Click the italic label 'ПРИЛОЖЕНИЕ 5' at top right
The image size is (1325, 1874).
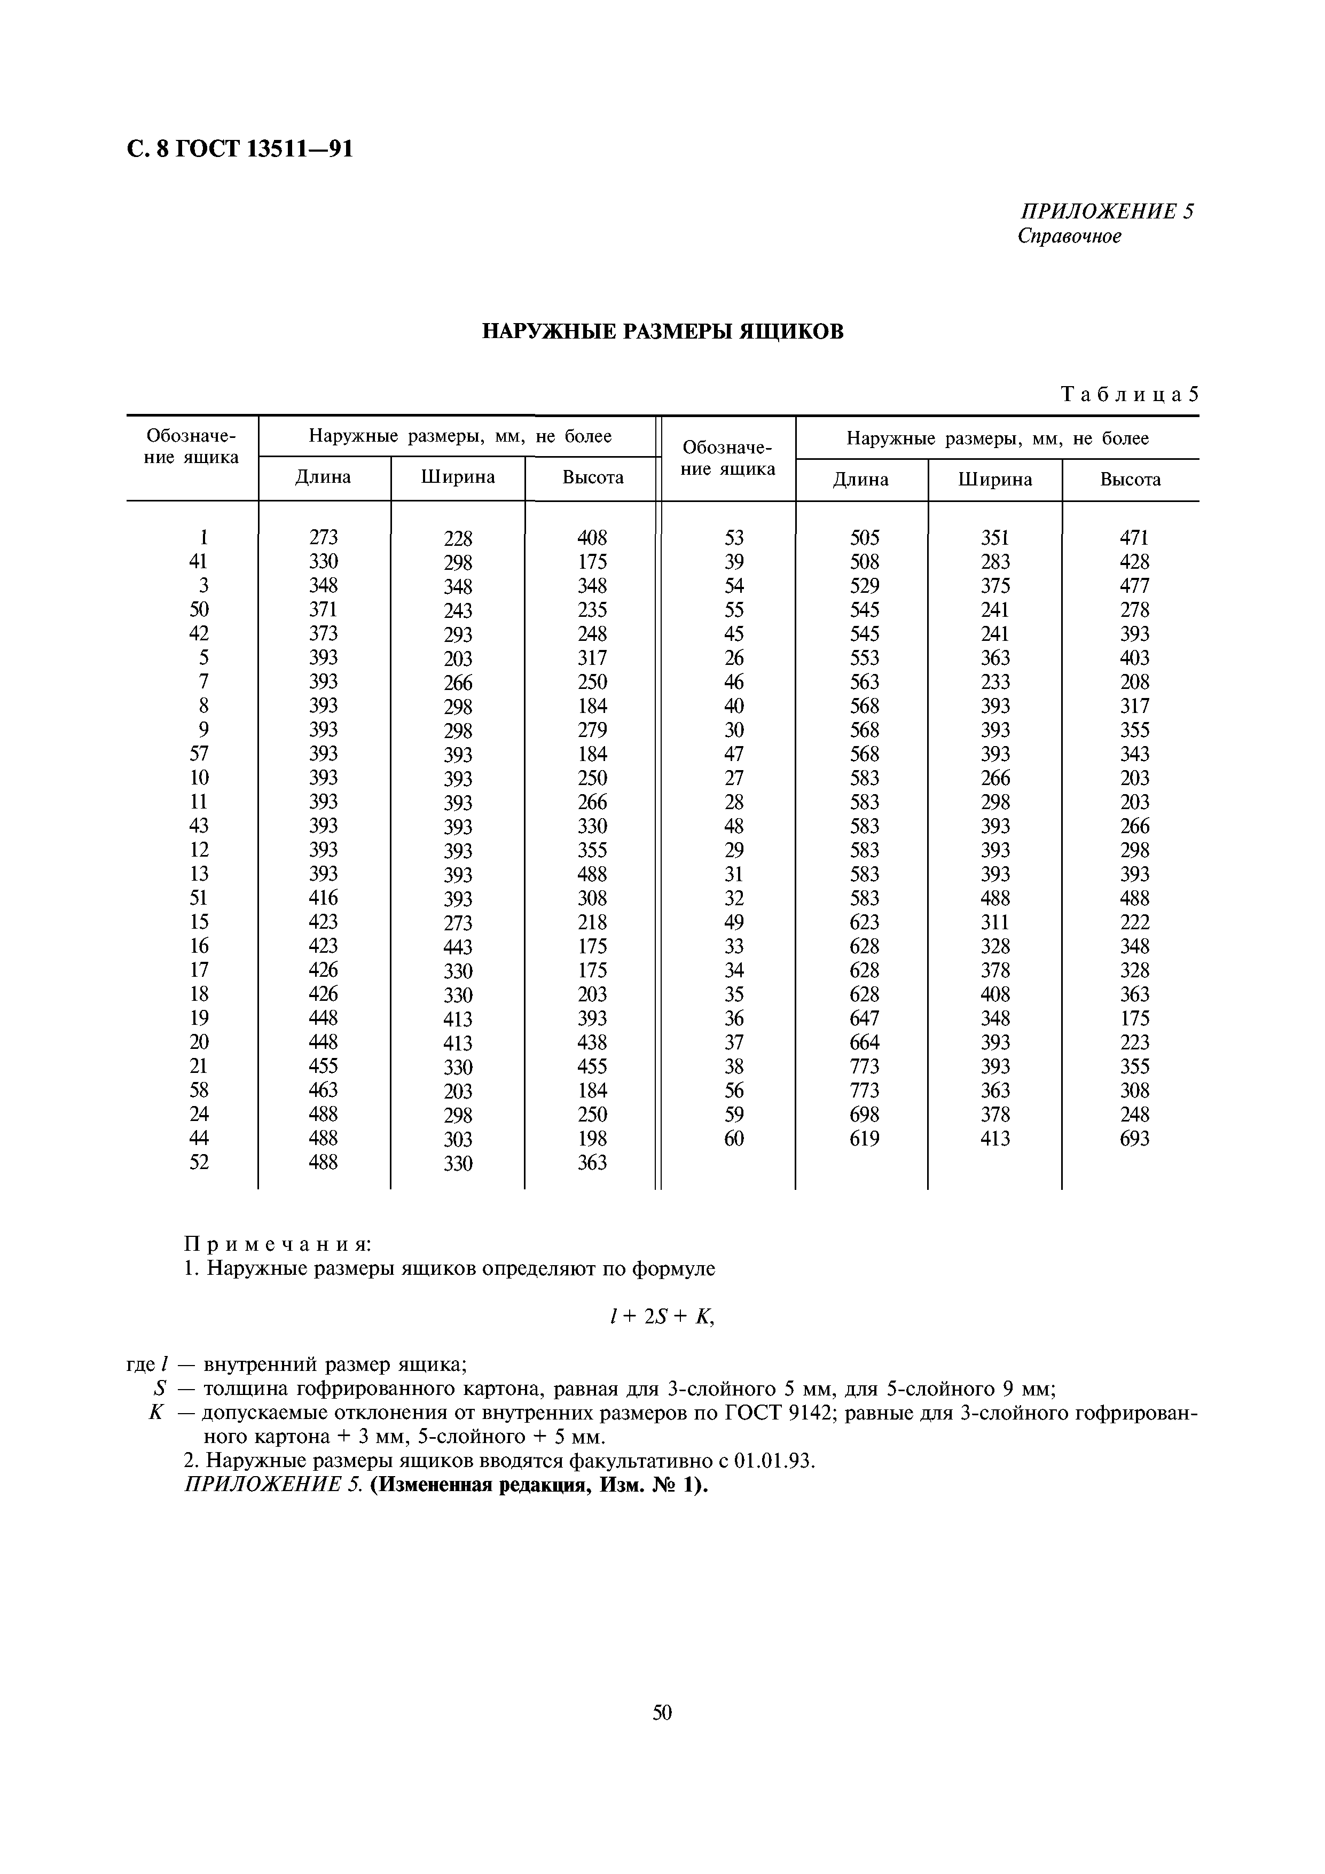1106,211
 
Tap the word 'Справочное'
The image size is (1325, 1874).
1070,237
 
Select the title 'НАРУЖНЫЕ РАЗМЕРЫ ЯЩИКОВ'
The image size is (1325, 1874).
662,331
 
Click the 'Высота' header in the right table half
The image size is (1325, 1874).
1130,480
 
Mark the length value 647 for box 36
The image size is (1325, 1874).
865,1018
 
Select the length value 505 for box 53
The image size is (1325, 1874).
865,538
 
